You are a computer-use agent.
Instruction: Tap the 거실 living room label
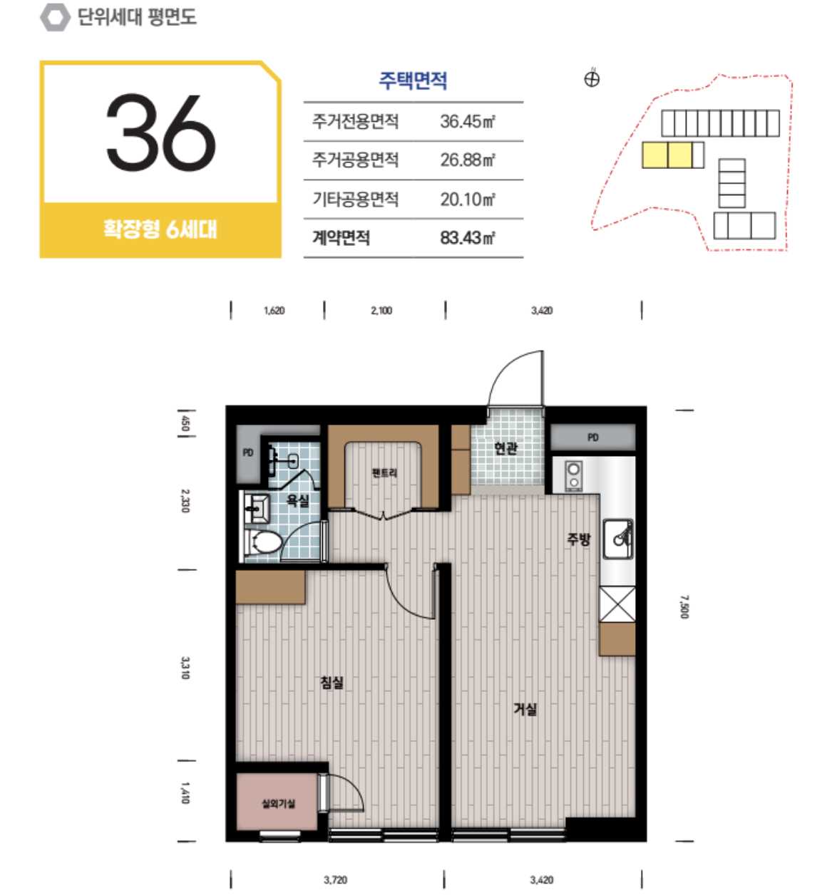click(525, 709)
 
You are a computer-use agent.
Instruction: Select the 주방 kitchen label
click(578, 539)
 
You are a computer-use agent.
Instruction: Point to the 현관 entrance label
click(505, 448)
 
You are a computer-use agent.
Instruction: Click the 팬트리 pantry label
click(384, 472)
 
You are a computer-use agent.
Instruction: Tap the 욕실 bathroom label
click(297, 500)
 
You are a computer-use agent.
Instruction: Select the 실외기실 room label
click(278, 803)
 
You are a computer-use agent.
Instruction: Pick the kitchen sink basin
click(618, 538)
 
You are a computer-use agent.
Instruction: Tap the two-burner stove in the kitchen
click(573, 475)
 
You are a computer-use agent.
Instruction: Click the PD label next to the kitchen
click(592, 437)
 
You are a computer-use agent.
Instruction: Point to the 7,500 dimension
click(684, 606)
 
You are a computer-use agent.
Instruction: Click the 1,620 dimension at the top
click(274, 311)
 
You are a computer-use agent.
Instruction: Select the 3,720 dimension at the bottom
click(336, 879)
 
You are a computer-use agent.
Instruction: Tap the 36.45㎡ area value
click(468, 121)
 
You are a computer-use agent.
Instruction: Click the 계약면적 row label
click(342, 237)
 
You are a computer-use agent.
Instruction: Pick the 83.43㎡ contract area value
click(468, 237)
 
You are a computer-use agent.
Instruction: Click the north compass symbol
click(592, 79)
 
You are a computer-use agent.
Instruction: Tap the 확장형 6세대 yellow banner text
click(160, 229)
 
